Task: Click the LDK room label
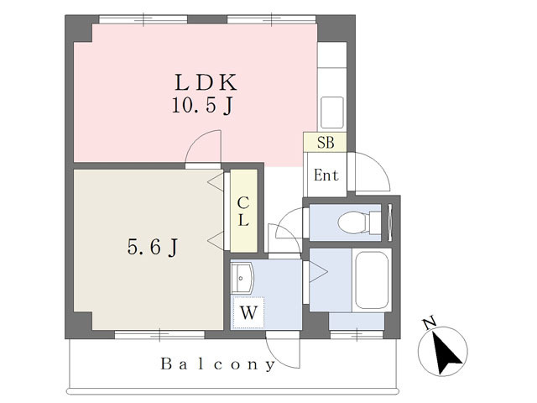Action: [x=206, y=82]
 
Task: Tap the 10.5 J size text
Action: [x=202, y=106]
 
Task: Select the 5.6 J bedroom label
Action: [x=153, y=247]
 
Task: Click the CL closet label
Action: [x=243, y=212]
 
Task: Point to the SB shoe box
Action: [x=325, y=142]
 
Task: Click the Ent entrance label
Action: [x=326, y=175]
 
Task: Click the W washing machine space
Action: [x=248, y=312]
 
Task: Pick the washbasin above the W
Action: [x=242, y=278]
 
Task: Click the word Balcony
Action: [x=218, y=364]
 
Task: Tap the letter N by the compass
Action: [x=429, y=322]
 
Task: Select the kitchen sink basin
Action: [x=331, y=113]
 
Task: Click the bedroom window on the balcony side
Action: [x=159, y=335]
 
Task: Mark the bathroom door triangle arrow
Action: [x=318, y=272]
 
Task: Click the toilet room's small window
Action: [x=389, y=222]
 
